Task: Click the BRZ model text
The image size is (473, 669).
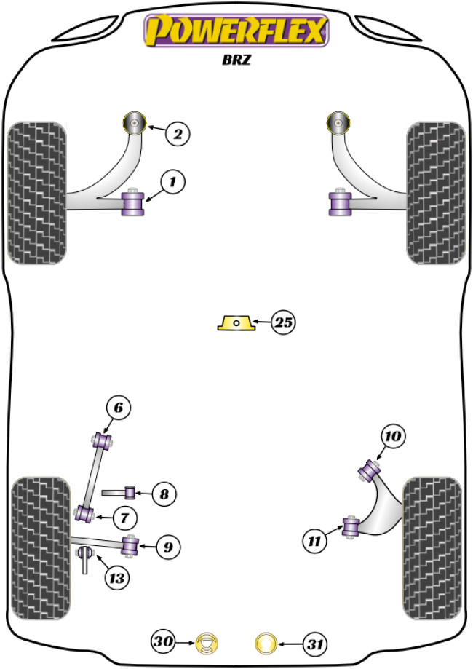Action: pos(237,62)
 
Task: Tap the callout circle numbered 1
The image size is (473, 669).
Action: pos(173,182)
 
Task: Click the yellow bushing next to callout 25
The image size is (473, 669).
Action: pos(236,322)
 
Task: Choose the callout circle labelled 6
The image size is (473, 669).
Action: pos(121,408)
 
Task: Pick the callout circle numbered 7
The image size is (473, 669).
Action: pos(124,517)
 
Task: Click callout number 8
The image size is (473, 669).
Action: pos(164,495)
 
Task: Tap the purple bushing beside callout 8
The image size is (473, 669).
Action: pos(132,493)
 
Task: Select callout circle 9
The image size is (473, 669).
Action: pos(167,545)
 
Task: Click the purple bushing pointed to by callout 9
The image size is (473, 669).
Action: pos(131,545)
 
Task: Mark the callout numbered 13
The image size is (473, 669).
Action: pos(116,578)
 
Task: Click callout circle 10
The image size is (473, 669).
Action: pos(393,437)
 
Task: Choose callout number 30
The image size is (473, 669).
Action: pos(164,642)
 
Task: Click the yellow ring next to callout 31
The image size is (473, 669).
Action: pos(266,642)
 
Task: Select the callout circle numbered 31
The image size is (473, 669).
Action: pos(314,643)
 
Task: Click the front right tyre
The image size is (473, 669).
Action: pos(435,192)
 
